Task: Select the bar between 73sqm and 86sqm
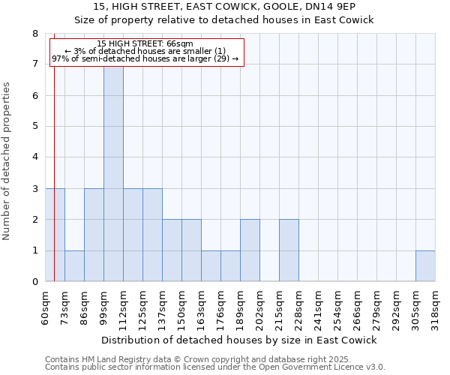(x=74, y=265)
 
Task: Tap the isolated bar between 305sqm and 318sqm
(x=425, y=265)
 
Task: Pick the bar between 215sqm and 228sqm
(x=289, y=250)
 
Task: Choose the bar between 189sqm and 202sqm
(x=250, y=250)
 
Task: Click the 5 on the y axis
(x=34, y=127)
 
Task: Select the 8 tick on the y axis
(x=34, y=34)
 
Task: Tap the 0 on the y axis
(x=34, y=282)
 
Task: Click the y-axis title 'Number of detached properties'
(x=7, y=161)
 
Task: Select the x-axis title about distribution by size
(x=238, y=340)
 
